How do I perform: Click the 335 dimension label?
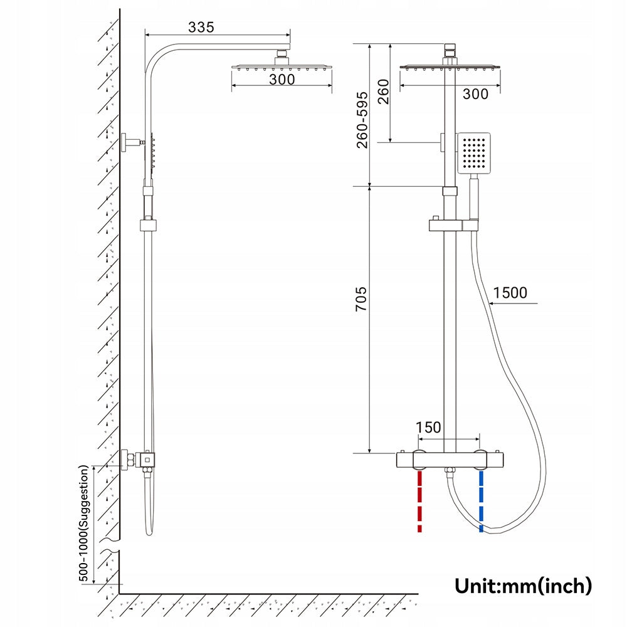(201, 27)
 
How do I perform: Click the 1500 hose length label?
(510, 293)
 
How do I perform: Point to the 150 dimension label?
(429, 428)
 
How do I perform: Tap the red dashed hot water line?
(419, 502)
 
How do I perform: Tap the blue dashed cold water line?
(481, 502)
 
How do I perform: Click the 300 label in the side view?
(282, 80)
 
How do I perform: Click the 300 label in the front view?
(475, 94)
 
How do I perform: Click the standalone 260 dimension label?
(384, 92)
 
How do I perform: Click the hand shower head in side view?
(152, 154)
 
